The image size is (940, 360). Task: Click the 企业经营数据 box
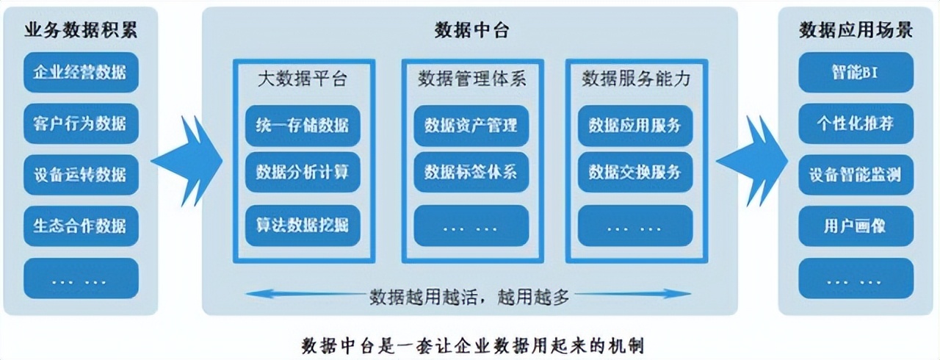pyautogui.click(x=81, y=72)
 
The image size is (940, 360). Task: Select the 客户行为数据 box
pyautogui.click(x=81, y=123)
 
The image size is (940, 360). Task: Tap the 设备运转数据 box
pyautogui.click(x=81, y=175)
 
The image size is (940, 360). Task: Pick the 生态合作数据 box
pyautogui.click(x=81, y=226)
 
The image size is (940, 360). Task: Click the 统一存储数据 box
pyautogui.click(x=303, y=125)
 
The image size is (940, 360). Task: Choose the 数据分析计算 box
pyautogui.click(x=303, y=173)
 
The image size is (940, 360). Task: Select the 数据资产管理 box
pyautogui.click(x=471, y=126)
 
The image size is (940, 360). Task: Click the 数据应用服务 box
pyautogui.click(x=635, y=126)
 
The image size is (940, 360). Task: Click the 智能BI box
pyautogui.click(x=856, y=72)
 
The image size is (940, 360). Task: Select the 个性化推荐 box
pyautogui.click(x=856, y=123)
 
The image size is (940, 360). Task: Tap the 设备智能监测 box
pyautogui.click(x=856, y=175)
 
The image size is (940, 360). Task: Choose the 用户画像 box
pyautogui.click(x=856, y=226)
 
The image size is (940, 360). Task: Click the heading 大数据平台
pyautogui.click(x=303, y=79)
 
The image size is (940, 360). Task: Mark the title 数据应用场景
pyautogui.click(x=856, y=30)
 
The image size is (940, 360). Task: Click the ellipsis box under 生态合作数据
pyautogui.click(x=81, y=278)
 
